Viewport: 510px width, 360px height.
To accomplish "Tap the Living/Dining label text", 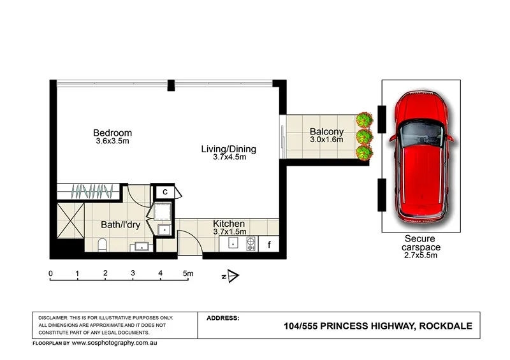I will (228, 149).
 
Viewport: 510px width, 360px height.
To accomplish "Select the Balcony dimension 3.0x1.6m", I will (326, 140).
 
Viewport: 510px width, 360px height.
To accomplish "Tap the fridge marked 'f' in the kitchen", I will (269, 243).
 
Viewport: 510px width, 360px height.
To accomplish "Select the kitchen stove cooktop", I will (251, 243).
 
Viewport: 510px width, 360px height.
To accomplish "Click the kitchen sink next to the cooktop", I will (233, 243).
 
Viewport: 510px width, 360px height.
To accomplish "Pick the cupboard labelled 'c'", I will (164, 192).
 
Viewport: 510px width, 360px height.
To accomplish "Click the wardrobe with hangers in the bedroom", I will (93, 191).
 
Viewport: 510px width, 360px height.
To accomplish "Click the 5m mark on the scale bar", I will (187, 273).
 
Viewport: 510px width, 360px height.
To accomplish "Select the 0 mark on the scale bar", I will (51, 273).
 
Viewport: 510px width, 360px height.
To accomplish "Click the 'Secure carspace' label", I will (419, 243).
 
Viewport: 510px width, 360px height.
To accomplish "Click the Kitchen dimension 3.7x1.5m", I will (229, 232).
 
